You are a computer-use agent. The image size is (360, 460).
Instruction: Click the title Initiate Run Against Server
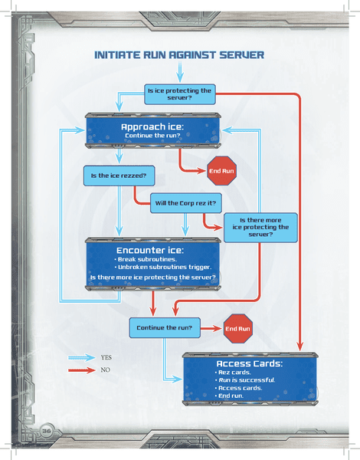pos(179,55)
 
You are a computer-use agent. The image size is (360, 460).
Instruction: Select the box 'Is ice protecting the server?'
pos(180,94)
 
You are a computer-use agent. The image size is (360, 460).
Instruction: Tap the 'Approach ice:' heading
pos(152,127)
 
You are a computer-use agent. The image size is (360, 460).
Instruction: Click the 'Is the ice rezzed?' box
pos(119,176)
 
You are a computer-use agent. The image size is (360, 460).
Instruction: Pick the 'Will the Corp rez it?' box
pos(186,203)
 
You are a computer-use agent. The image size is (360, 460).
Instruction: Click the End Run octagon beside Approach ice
pos(221,171)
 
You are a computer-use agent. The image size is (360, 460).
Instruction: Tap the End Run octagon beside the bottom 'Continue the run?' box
pos(237,329)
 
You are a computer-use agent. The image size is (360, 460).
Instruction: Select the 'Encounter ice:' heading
pos(150,250)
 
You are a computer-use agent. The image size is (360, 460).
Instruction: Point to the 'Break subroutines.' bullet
pos(146,259)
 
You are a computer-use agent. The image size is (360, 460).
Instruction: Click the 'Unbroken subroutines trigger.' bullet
pos(162,267)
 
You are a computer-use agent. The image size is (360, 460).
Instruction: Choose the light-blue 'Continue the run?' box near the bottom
pos(165,327)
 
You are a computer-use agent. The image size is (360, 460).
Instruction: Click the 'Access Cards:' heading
pos(250,363)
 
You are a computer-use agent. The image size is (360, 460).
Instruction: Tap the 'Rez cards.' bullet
pos(233,373)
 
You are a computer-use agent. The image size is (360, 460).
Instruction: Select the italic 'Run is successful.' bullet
pos(245,380)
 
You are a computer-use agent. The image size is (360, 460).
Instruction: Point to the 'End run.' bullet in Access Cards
pos(229,396)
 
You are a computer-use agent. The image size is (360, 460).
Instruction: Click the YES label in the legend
pos(106,357)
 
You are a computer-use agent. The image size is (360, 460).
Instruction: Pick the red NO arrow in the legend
pos(82,370)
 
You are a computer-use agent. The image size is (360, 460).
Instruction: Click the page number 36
pos(46,431)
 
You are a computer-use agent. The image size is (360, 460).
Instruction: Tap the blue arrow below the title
pos(180,72)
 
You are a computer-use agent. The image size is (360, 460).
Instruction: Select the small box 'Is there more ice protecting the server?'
pos(260,228)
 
